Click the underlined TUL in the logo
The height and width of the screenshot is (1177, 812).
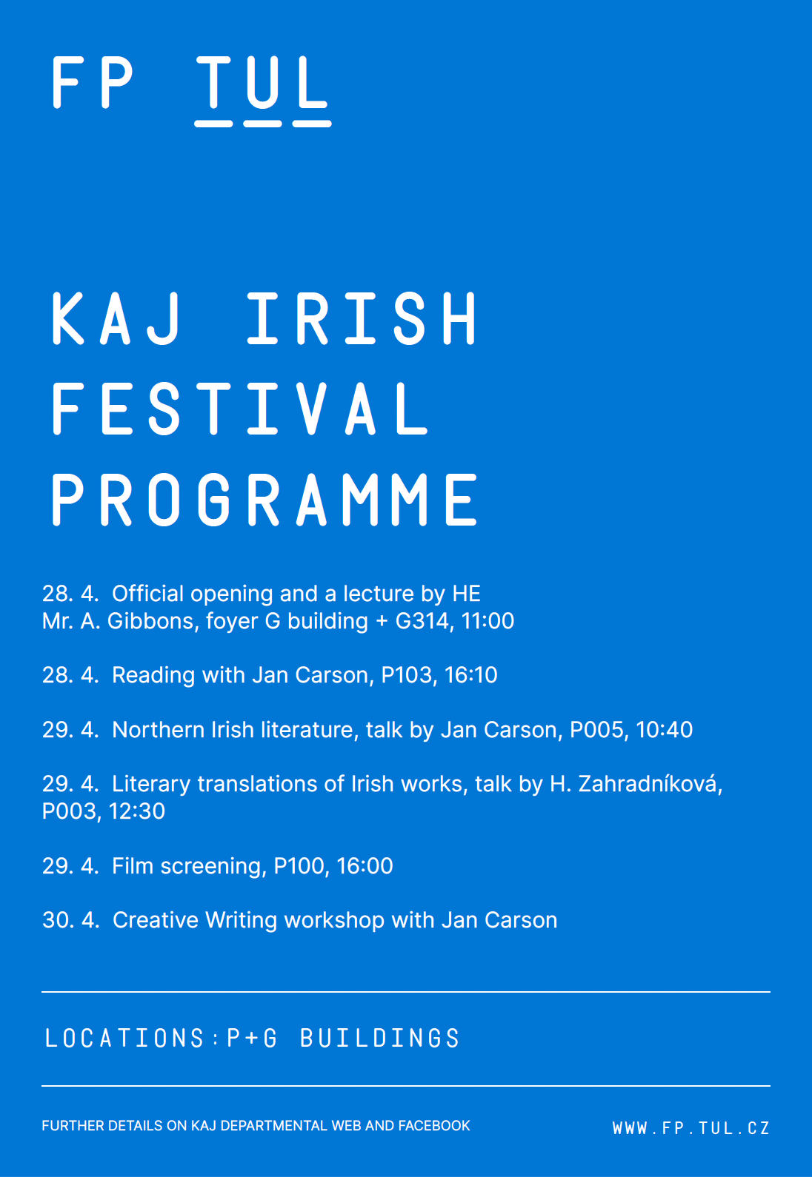coord(262,90)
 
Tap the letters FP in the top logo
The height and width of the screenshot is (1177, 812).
coord(92,82)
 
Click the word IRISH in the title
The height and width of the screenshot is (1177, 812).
coord(362,318)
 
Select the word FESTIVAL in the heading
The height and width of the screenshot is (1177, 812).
coord(239,409)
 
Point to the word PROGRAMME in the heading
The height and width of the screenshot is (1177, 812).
coord(264,499)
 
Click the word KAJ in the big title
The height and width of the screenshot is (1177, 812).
coord(116,318)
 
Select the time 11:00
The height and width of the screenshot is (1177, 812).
coord(487,621)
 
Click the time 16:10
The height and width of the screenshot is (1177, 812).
coord(470,675)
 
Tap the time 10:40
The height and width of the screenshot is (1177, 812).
coord(665,730)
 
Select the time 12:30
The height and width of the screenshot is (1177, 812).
coord(137,811)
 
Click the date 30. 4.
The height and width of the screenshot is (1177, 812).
coord(71,920)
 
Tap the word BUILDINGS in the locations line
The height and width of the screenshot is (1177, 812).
coord(380,1039)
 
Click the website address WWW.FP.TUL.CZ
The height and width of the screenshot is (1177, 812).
coord(691,1128)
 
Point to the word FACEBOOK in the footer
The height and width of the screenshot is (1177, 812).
coord(434,1125)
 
